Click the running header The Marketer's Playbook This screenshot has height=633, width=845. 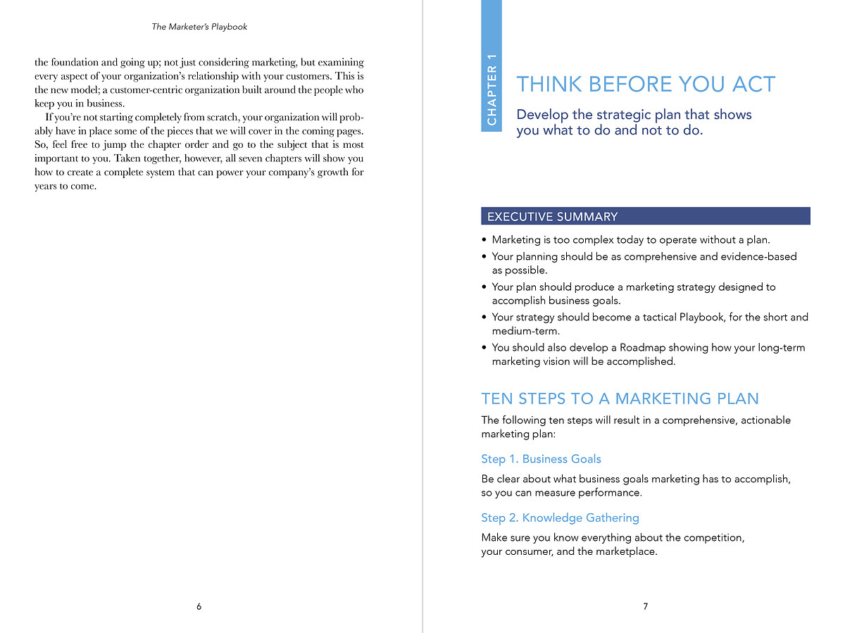click(x=199, y=27)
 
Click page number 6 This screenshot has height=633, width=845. click(x=199, y=606)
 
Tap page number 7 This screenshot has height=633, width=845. click(x=645, y=606)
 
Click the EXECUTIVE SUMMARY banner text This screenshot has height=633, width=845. click(x=552, y=216)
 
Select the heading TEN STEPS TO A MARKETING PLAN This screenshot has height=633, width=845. click(x=620, y=399)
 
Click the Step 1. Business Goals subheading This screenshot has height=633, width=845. click(x=541, y=459)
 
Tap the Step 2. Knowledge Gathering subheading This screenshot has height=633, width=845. click(x=560, y=518)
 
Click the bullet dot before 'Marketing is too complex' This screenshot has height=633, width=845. click(x=484, y=240)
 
